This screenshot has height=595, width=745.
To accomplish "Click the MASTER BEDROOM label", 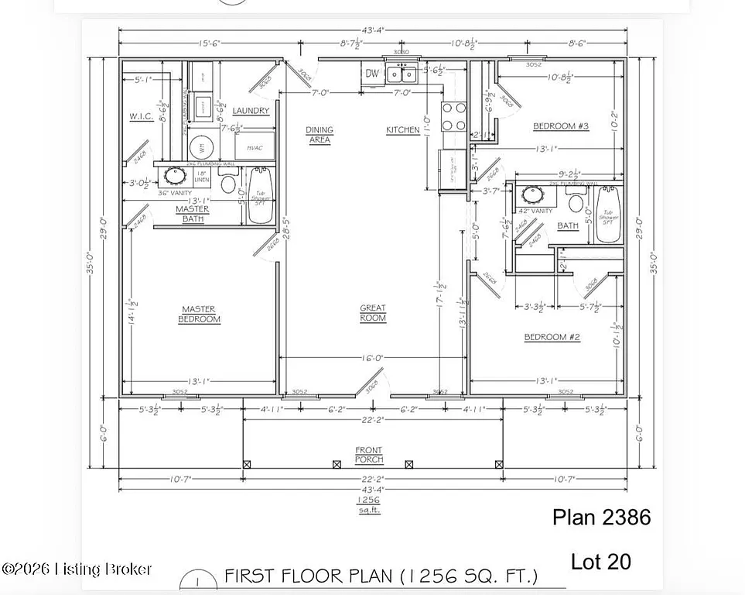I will point(199,314).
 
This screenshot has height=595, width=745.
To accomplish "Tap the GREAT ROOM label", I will point(372,313).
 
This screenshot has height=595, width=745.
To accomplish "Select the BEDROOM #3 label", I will point(561,126).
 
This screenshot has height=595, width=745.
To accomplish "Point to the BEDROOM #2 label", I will point(552,337).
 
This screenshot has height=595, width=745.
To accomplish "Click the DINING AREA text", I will point(319,135).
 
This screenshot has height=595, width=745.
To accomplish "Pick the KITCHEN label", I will point(402,130).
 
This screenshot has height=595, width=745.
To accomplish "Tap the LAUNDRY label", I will point(251,111).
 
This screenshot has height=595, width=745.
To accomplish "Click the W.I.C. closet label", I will point(141,118).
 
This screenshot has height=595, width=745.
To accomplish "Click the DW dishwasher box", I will point(372,74).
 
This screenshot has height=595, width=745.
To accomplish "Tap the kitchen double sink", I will point(400,74).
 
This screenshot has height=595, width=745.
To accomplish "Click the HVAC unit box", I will point(253,147).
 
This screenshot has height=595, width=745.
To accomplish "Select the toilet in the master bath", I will point(227,183).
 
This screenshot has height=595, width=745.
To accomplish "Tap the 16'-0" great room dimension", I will point(372,359).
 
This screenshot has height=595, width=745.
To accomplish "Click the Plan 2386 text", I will point(601,518).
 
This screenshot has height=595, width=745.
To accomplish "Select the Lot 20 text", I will point(601,562).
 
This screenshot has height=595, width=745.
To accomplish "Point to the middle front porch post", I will point(337,464).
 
